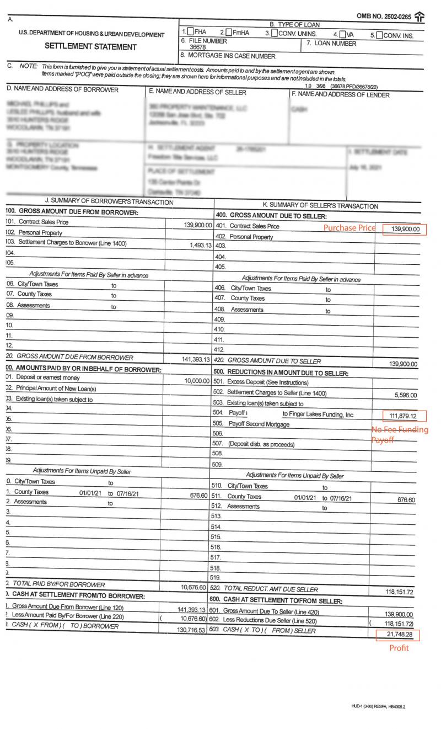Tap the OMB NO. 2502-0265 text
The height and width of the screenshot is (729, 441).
tap(384, 17)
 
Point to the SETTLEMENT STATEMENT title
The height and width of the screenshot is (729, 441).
tap(90, 47)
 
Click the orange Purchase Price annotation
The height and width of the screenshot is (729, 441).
tap(349, 228)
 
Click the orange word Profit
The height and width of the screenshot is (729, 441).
tap(399, 648)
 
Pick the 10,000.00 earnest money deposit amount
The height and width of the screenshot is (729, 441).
tap(197, 381)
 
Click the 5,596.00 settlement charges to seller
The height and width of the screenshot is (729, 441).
tap(406, 395)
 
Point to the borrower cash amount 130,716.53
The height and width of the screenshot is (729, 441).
tap(191, 630)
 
